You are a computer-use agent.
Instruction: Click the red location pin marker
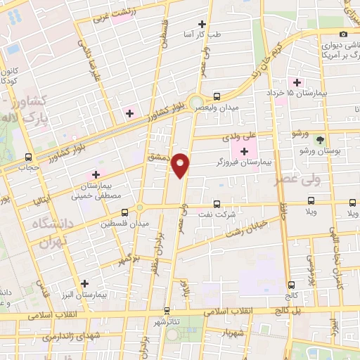click(181, 165)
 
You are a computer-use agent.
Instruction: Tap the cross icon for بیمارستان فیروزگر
click(245, 151)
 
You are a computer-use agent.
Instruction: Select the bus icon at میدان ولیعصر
click(216, 97)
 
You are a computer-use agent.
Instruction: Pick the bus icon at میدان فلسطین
click(125, 212)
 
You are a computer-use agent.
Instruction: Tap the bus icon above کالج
click(292, 285)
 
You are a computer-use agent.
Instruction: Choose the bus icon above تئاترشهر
click(167, 310)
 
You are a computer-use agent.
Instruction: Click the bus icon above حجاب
click(29, 157)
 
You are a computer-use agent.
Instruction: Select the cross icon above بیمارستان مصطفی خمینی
click(96, 174)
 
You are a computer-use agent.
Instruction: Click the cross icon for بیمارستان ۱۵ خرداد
click(297, 82)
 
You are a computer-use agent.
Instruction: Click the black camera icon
click(343, 34)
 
